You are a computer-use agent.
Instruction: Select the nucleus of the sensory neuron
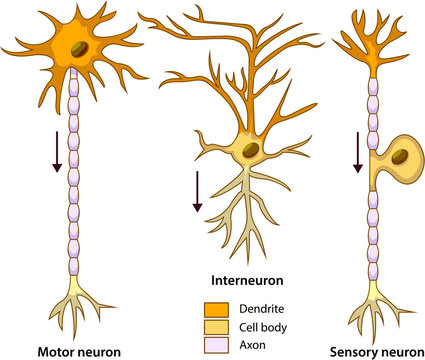tap(399, 156)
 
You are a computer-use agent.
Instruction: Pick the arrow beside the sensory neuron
tap(357, 150)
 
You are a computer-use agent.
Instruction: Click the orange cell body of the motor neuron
tap(70, 45)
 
